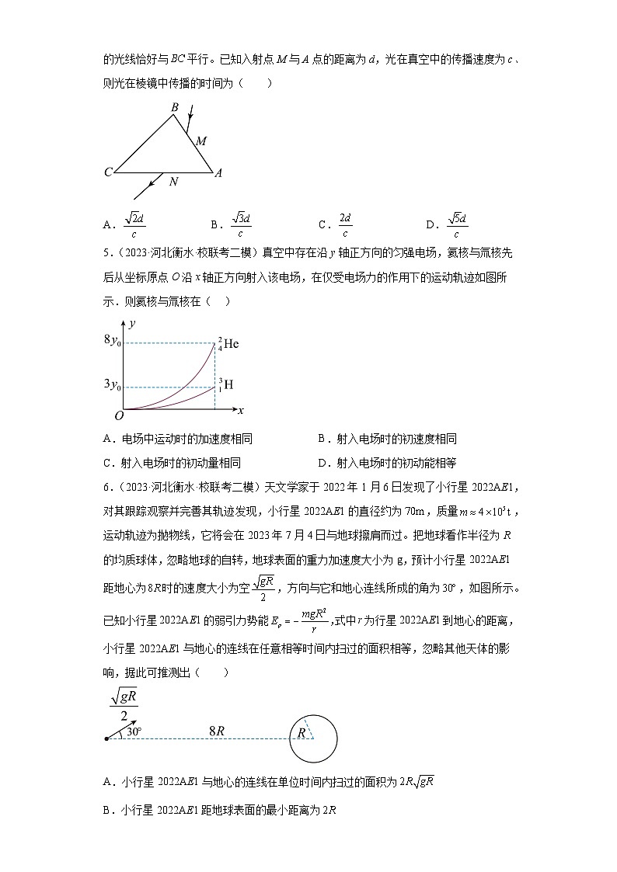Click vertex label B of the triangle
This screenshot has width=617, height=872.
[x=175, y=107]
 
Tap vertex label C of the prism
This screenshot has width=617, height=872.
[x=108, y=172]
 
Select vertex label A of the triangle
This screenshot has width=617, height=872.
[x=218, y=173]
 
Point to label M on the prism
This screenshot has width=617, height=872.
[x=200, y=141]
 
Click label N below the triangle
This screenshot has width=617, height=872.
[x=173, y=182]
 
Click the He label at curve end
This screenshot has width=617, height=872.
[x=230, y=343]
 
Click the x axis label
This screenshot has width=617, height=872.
[x=241, y=410]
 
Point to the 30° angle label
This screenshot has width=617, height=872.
[x=134, y=731]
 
